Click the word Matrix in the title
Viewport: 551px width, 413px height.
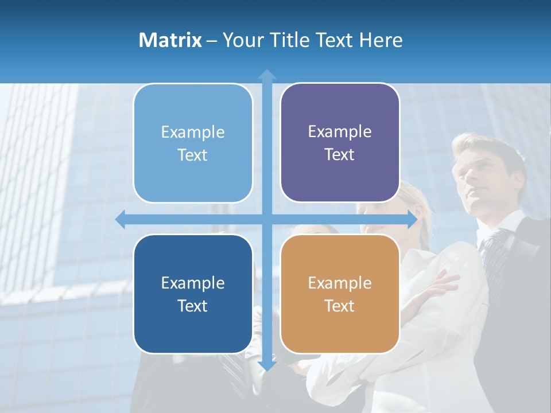coord(170,40)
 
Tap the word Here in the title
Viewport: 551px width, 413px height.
coord(381,40)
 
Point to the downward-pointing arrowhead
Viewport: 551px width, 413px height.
coord(267,365)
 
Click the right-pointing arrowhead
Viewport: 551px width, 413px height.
coord(412,219)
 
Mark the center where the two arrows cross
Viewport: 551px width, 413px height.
coord(267,219)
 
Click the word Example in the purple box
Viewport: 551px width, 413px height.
coord(340,132)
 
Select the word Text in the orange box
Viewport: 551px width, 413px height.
coord(340,306)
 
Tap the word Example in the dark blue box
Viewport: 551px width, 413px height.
coord(193,283)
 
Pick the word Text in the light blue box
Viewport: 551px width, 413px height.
coord(193,155)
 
